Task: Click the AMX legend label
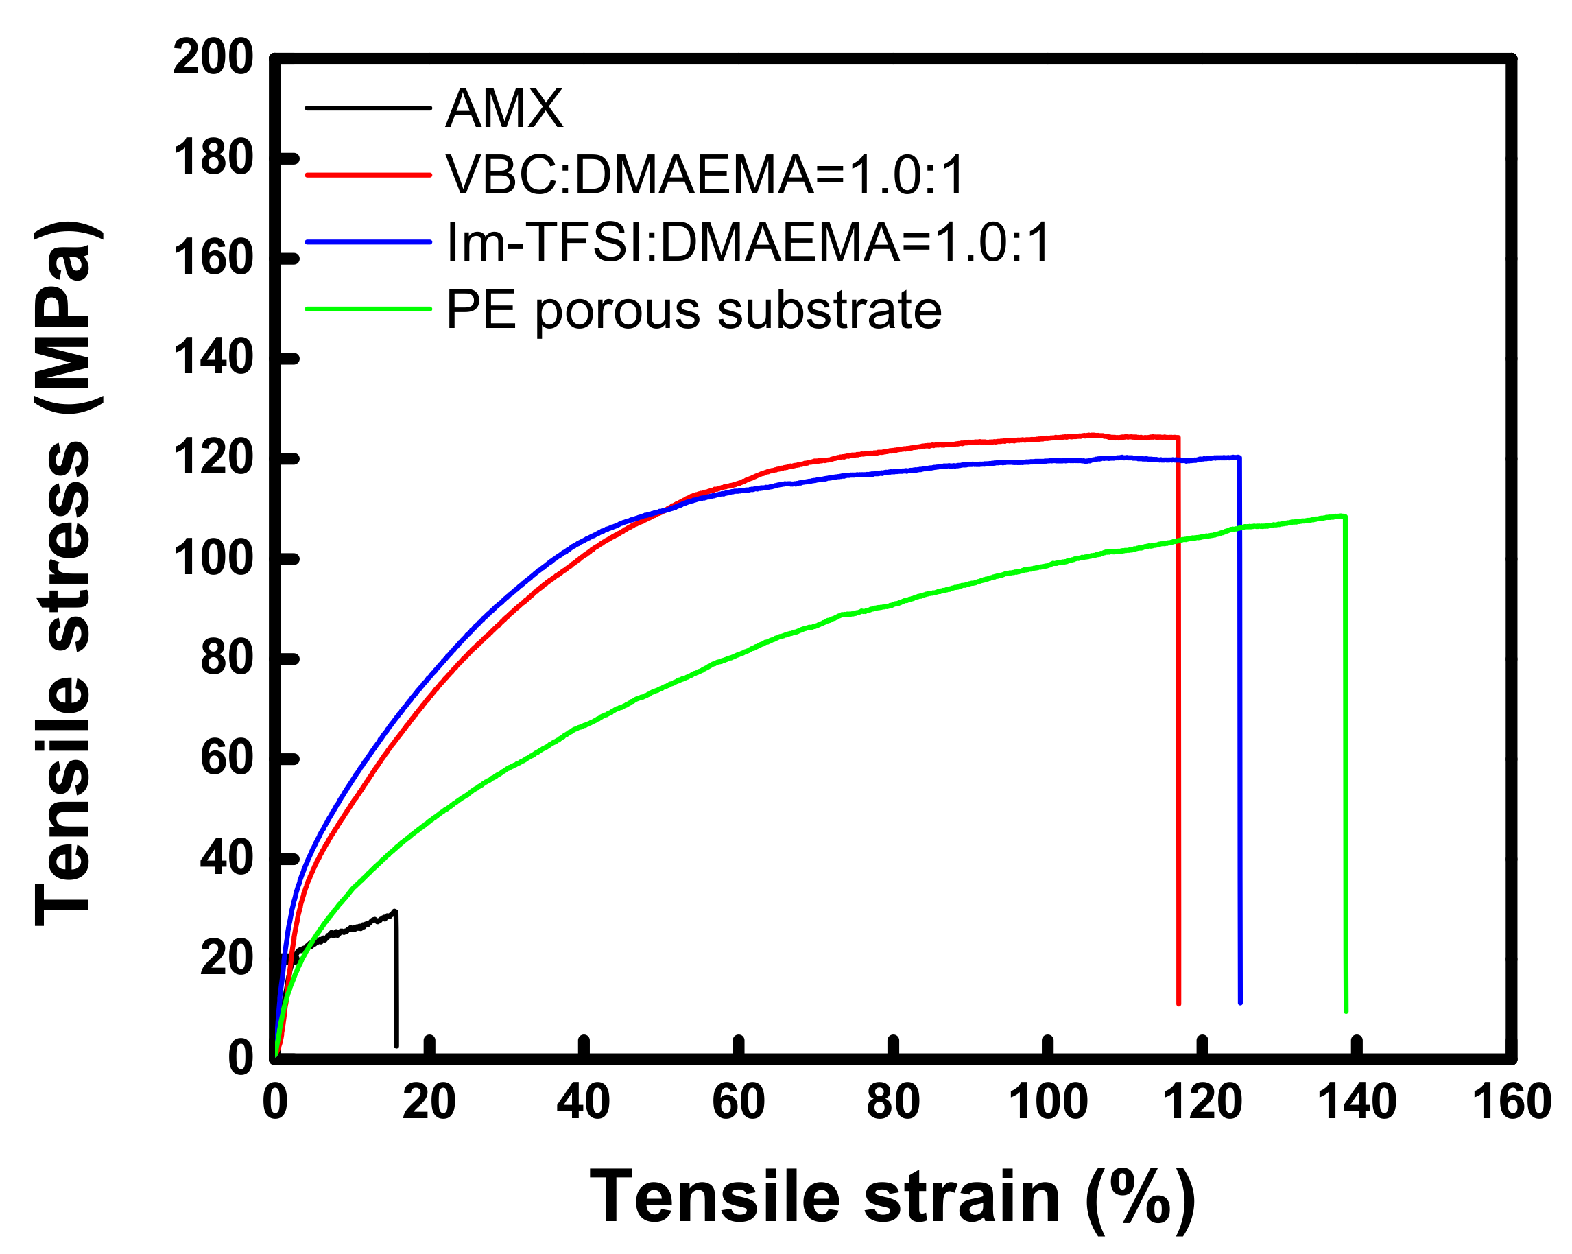504,108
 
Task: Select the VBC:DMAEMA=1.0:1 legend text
705,175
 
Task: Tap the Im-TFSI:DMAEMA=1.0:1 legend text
748,242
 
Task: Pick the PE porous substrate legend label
693,310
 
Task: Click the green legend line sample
368,309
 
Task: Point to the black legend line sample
368,108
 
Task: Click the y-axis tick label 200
213,58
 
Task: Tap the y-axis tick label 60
226,759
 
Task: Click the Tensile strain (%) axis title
892,1198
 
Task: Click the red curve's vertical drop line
1178,729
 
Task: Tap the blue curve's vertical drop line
1239,729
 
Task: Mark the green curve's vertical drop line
1345,766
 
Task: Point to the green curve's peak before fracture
1342,515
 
